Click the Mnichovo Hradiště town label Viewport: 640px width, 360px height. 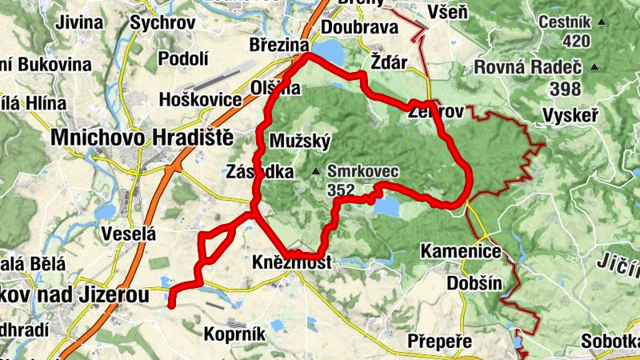pyautogui.click(x=142, y=138)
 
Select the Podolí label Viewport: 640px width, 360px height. pyautogui.click(x=184, y=58)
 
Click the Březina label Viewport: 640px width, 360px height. pyautogui.click(x=279, y=45)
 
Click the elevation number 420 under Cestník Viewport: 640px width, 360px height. pyautogui.click(x=576, y=41)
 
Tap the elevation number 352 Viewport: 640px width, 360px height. pyautogui.click(x=341, y=190)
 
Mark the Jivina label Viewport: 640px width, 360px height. pyautogui.click(x=79, y=22)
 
